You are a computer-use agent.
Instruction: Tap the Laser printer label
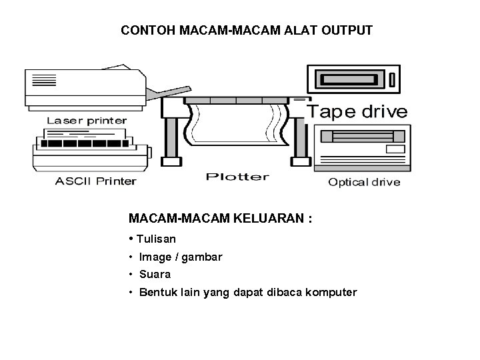pyautogui.click(x=87, y=121)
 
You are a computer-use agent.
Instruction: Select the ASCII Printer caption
pyautogui.click(x=95, y=181)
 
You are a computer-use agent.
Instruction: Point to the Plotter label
pyautogui.click(x=237, y=177)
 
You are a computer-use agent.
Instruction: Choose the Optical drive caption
pyautogui.click(x=364, y=182)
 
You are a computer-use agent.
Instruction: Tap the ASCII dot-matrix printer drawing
pyautogui.click(x=90, y=152)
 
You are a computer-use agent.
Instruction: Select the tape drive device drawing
pyautogui.click(x=353, y=79)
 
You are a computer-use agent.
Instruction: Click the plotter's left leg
pyautogui.click(x=171, y=133)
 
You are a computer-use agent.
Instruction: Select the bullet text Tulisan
pyautogui.click(x=156, y=239)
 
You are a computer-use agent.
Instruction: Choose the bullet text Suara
pyautogui.click(x=155, y=274)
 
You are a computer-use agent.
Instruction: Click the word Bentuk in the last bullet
pyautogui.click(x=155, y=292)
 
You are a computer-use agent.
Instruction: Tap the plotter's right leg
pyautogui.click(x=301, y=133)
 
